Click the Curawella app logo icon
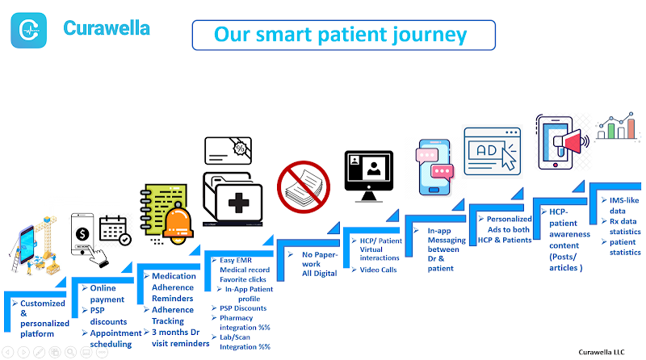coord(28,30)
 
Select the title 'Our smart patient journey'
coord(340,35)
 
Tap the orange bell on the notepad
coord(178,223)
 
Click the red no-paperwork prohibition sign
coord(304,187)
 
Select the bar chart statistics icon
coord(618,126)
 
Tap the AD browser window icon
coord(493,151)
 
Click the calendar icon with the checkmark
coord(115,231)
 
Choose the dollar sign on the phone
coord(82,234)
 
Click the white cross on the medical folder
coord(238,203)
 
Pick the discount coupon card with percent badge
coord(228,151)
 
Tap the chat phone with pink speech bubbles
coord(434,167)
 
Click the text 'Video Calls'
coord(378,270)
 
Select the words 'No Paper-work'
coord(320,259)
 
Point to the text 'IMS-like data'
coord(623,206)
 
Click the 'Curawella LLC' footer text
coord(602,352)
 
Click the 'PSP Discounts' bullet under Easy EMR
coord(243,308)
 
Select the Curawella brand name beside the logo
coord(107,28)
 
